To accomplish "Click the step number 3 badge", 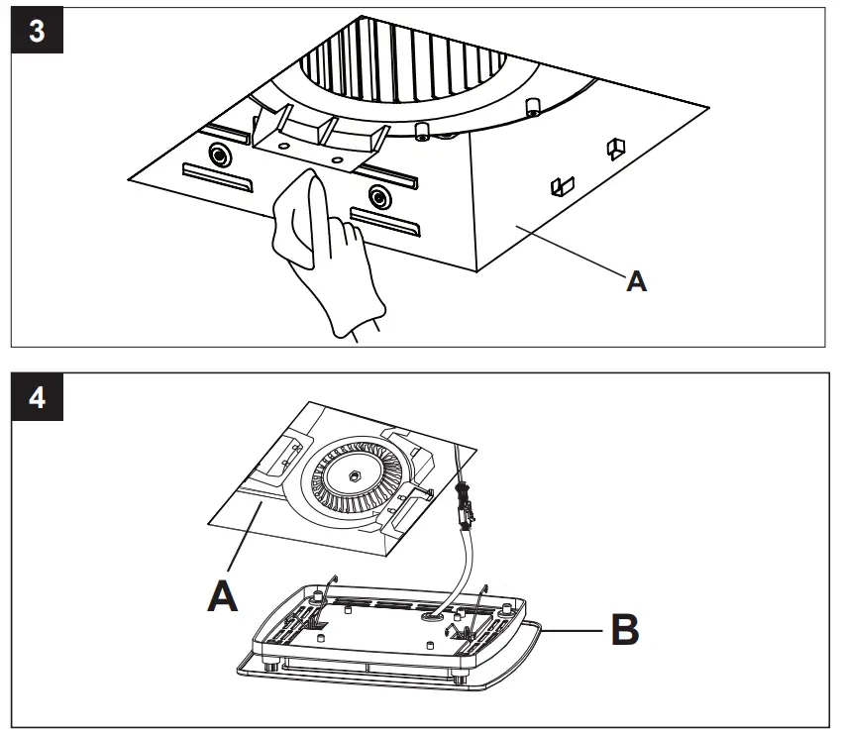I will point(37,31).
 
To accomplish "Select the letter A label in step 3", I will point(637,281).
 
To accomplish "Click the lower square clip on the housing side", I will point(561,184).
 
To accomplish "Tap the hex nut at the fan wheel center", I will point(352,474).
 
